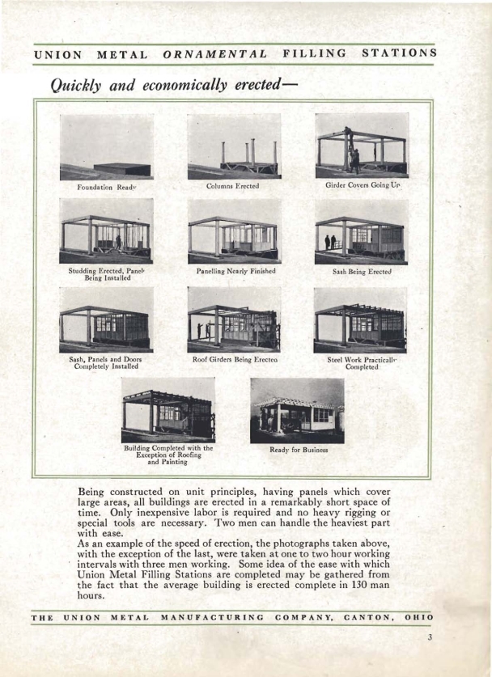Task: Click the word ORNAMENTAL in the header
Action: click(x=215, y=54)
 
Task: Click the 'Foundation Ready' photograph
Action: click(x=107, y=146)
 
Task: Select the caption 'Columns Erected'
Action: click(x=234, y=186)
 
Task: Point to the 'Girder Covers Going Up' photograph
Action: click(x=362, y=146)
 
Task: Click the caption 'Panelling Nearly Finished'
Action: click(x=235, y=271)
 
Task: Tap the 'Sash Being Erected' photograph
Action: click(x=362, y=231)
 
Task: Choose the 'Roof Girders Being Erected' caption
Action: click(x=234, y=357)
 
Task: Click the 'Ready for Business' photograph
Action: click(x=297, y=411)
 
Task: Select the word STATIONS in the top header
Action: click(x=399, y=53)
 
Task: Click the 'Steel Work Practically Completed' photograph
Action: click(x=360, y=319)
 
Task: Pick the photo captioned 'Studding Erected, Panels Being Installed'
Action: click(x=106, y=231)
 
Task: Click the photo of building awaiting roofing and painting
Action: click(x=168, y=410)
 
